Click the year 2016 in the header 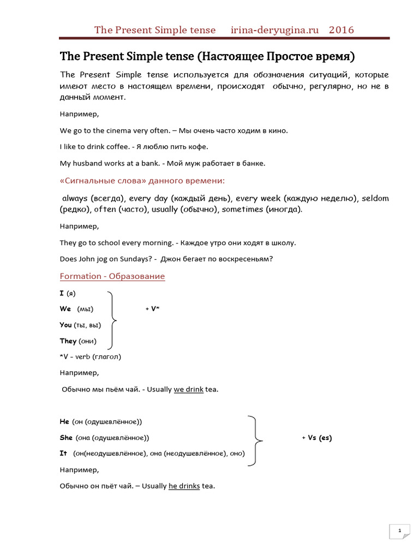341,30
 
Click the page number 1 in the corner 399,531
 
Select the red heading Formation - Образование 112,276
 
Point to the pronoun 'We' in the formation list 65,309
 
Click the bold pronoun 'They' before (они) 68,341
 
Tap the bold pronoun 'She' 66,438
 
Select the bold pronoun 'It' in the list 63,454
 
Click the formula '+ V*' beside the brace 152,309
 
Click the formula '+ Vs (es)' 316,438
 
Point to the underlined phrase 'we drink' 188,390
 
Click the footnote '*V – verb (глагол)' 90,357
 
